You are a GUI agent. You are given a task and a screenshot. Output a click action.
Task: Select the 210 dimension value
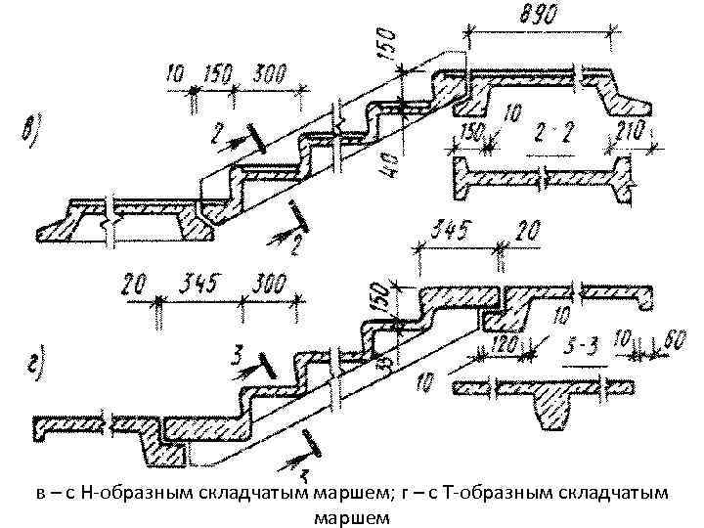630,135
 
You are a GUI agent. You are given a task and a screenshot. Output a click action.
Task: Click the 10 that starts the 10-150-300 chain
176,73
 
